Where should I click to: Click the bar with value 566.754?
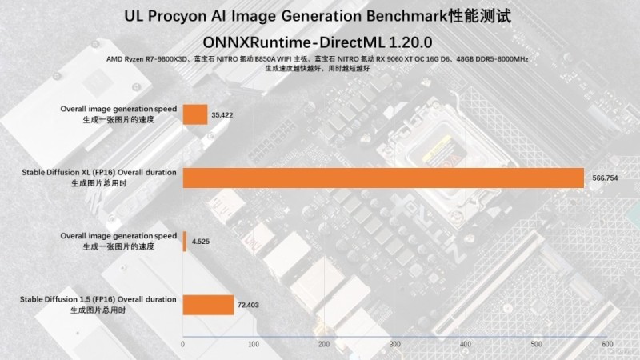point(384,177)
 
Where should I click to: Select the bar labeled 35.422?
point(195,114)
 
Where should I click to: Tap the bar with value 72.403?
point(208,304)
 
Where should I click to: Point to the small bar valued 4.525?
point(185,241)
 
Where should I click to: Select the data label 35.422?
point(222,115)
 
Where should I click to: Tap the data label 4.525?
point(200,242)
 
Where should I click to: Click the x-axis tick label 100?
point(254,344)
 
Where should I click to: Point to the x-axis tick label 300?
point(395,344)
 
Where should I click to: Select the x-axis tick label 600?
point(606,344)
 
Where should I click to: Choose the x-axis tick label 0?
point(183,344)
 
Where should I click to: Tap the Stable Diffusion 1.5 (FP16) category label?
point(99,299)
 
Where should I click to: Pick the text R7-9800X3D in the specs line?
point(159,59)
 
